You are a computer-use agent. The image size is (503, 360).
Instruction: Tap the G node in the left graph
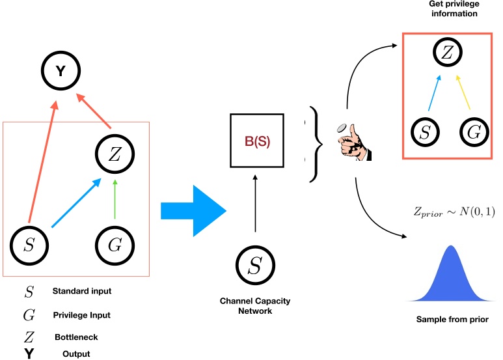coord(115,245)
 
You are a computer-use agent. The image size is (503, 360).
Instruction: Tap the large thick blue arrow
coord(193,210)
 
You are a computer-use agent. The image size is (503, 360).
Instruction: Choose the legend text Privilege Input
coord(81,315)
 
